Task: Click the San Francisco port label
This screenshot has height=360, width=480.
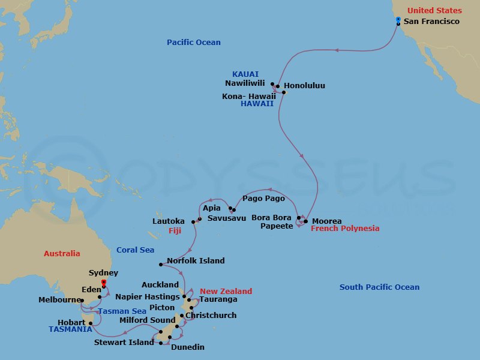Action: pos(431,22)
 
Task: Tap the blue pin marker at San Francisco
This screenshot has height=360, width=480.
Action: pos(398,20)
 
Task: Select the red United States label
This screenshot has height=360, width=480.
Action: pos(434,11)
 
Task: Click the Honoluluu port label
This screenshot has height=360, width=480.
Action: pos(304,86)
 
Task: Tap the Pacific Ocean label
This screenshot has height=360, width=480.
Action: pos(193,43)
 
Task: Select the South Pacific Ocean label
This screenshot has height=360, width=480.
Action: pos(379,287)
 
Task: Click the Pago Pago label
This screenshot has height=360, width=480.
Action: pos(263,198)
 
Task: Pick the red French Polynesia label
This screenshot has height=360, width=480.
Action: pos(345,229)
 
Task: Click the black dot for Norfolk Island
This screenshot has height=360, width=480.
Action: pos(161,265)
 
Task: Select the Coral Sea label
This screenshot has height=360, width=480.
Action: pos(135,250)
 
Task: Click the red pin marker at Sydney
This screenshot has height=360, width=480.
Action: pos(104,282)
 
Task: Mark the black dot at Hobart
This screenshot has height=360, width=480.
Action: pos(91,323)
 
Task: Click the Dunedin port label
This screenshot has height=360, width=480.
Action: pos(187,347)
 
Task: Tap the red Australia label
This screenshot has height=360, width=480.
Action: pos(62,254)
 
